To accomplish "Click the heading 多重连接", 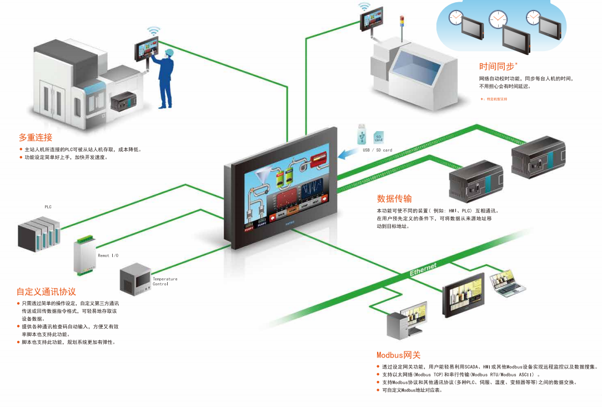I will (x=36, y=137).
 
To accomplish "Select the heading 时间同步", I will (x=496, y=67).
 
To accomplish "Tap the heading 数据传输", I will (x=394, y=198).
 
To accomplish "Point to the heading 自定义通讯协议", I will (x=46, y=292).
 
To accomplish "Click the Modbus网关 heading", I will (x=398, y=355).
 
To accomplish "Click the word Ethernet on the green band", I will (x=423, y=270).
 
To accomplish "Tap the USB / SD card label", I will (x=377, y=150).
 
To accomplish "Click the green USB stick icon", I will (x=362, y=134).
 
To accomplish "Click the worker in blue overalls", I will (x=166, y=77).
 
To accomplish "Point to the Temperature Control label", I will (x=165, y=281).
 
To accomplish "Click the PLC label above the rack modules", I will (x=48, y=207).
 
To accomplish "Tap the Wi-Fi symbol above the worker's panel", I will (x=153, y=30).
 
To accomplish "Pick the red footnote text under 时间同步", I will (x=494, y=99).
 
